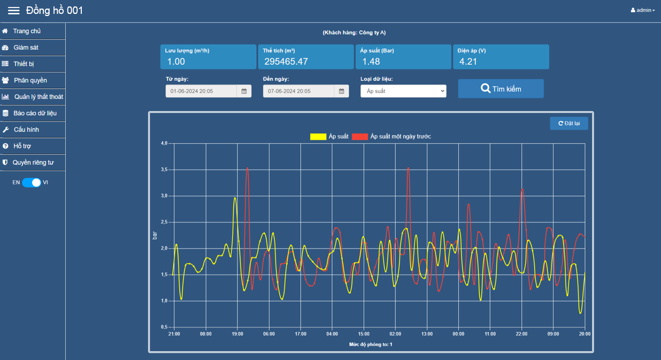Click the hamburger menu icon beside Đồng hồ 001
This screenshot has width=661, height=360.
point(14,11)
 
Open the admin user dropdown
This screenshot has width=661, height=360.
point(643,10)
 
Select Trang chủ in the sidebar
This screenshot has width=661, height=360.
point(27,31)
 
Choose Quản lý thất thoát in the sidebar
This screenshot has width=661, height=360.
point(39,97)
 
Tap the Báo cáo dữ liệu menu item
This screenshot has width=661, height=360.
point(35,113)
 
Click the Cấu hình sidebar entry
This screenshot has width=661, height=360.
point(26,129)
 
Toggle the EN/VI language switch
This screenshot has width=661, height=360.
point(32,182)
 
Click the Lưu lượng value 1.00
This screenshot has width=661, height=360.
point(176,62)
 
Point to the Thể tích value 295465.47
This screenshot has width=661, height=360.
point(286,62)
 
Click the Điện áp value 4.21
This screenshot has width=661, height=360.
point(468,62)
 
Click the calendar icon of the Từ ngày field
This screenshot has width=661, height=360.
point(244,91)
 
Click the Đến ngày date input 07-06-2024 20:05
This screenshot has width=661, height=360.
point(298,91)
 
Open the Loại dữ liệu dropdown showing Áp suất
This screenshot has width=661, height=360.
point(403,91)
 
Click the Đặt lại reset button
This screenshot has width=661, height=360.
point(569,124)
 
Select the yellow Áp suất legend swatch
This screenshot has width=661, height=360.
point(318,136)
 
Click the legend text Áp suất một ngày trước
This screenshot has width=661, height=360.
point(401,136)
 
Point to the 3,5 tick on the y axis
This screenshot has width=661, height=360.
point(164,170)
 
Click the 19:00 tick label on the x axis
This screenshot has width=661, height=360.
point(237,334)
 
